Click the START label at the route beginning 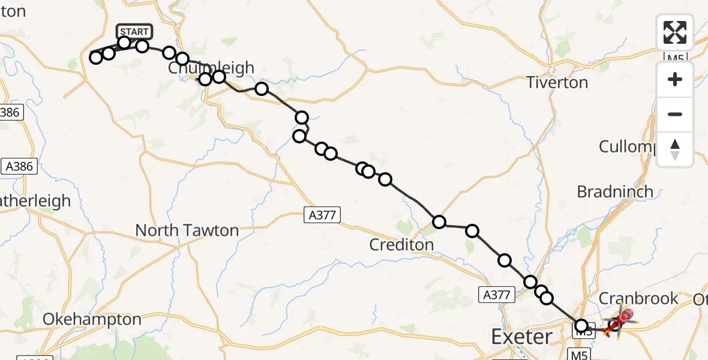point(134,31)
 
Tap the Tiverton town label point(557,82)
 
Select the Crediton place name point(401,244)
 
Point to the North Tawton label point(187,230)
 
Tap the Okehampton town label point(92,319)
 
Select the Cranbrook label point(638,298)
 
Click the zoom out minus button point(675,115)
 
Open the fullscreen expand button point(675,32)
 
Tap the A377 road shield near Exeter point(497,294)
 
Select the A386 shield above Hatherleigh point(19,167)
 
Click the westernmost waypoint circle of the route point(95,58)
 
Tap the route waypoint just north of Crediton point(439,222)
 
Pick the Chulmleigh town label point(211,68)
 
